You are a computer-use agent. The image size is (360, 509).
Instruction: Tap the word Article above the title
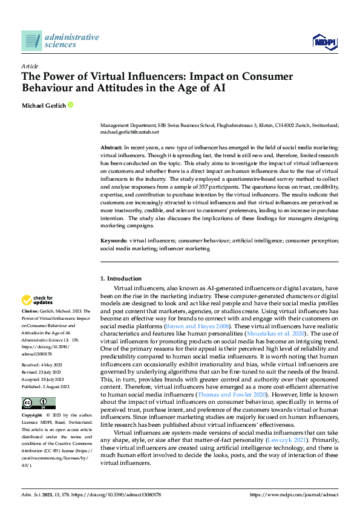coord(30,66)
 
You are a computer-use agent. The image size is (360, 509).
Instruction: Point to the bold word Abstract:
coord(111,148)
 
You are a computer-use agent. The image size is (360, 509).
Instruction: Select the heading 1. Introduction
coord(120,279)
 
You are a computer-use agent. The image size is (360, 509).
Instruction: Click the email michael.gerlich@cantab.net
coord(129,131)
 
